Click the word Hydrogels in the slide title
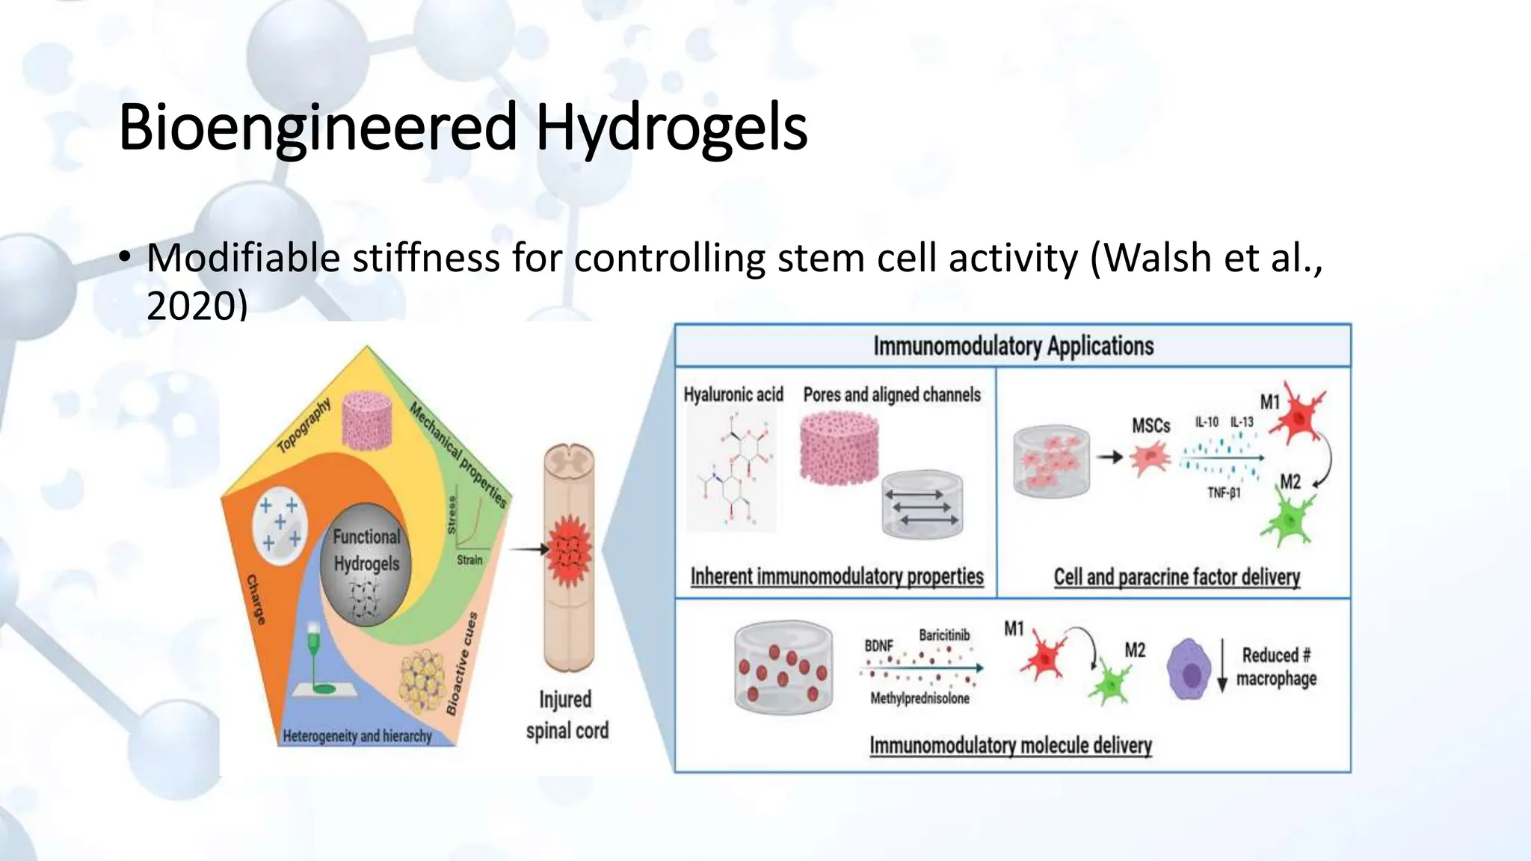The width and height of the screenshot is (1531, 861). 671,127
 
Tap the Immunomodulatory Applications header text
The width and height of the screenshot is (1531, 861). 1013,346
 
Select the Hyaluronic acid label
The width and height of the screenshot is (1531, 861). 733,394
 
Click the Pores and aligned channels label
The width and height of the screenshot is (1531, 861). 892,394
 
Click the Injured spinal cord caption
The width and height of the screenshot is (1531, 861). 567,715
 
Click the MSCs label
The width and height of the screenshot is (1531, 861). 1150,425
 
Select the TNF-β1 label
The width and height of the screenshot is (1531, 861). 1224,493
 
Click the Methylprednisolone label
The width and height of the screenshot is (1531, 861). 919,698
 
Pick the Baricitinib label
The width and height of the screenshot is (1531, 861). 944,635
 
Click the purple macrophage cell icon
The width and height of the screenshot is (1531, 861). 1188,668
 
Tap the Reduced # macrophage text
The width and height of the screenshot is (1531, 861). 1276,667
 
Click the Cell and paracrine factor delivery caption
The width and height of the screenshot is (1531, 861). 1177,577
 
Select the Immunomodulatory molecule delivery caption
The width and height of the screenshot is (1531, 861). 1010,745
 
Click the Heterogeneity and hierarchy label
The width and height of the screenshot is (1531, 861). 357,736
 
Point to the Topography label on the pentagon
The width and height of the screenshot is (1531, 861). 304,426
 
